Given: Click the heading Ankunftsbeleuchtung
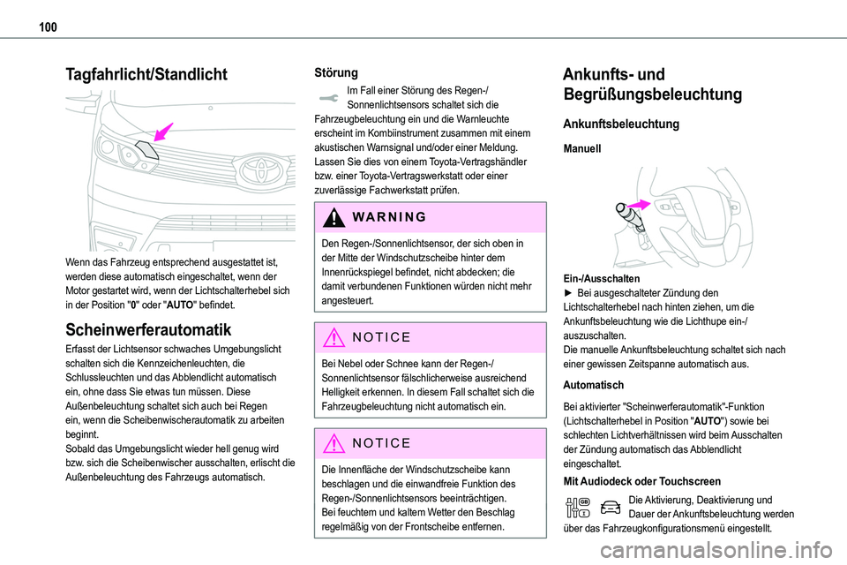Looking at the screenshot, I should coord(621,124).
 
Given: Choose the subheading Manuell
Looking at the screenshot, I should coord(582,151).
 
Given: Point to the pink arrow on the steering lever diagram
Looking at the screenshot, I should coord(640,204).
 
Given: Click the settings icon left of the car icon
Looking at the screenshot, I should coord(579,506).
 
